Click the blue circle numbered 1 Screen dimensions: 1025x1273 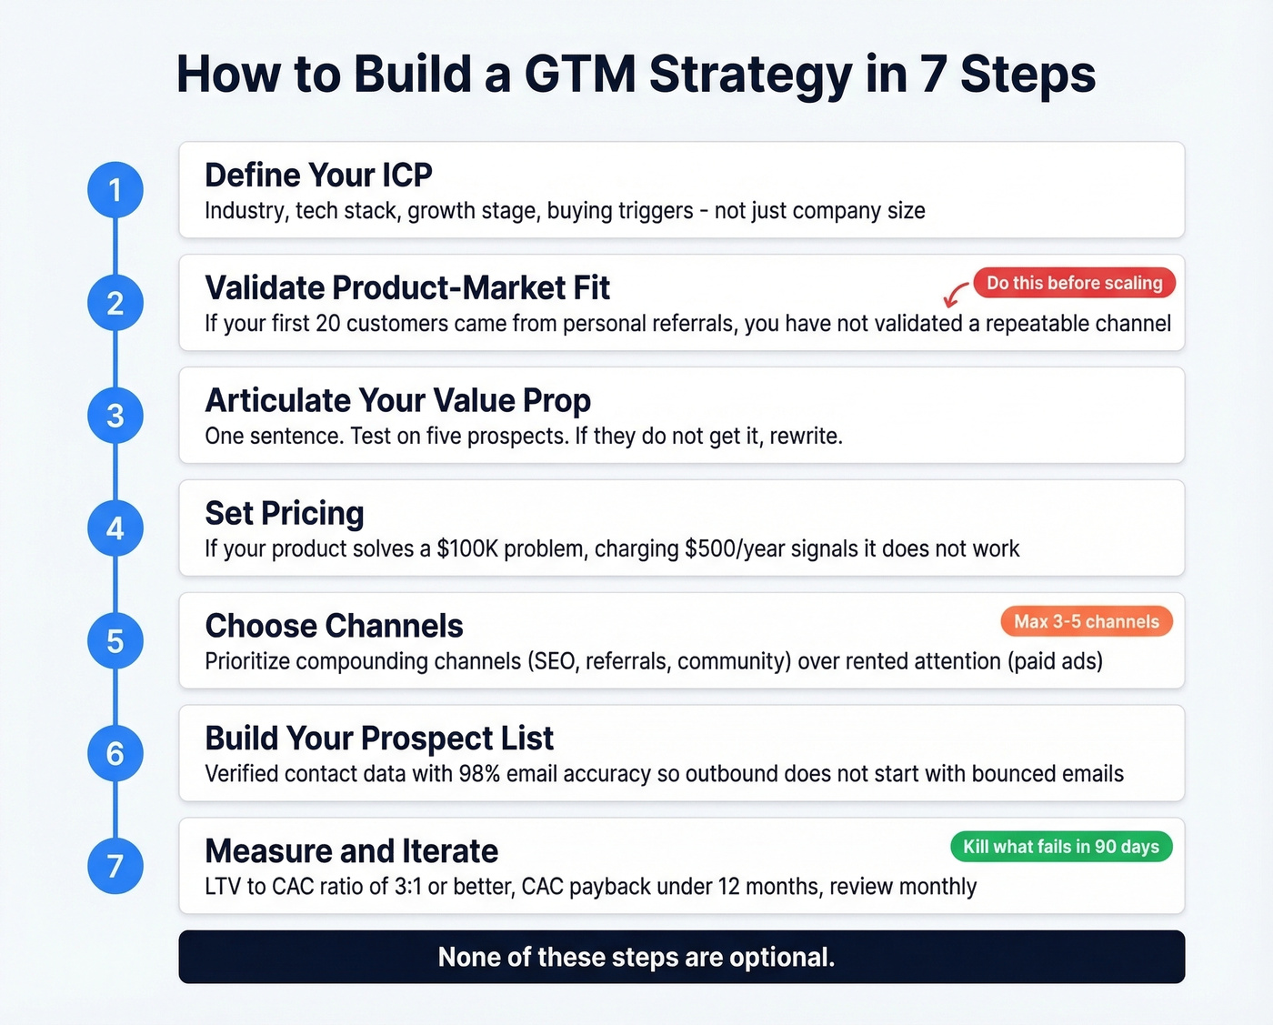[115, 190]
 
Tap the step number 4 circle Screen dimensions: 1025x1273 [115, 528]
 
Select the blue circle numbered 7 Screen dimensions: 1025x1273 [115, 866]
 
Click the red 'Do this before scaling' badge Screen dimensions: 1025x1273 [1074, 283]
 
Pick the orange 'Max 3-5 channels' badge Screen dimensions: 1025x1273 [1087, 622]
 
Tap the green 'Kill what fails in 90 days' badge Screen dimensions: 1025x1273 [1061, 847]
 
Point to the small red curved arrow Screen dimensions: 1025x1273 [955, 295]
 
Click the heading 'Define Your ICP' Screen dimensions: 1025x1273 [318, 175]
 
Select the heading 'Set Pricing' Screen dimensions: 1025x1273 [285, 513]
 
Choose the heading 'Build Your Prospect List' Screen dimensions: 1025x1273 [379, 739]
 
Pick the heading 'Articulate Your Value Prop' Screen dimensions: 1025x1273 [397, 400]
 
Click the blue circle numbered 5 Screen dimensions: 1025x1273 [115, 641]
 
